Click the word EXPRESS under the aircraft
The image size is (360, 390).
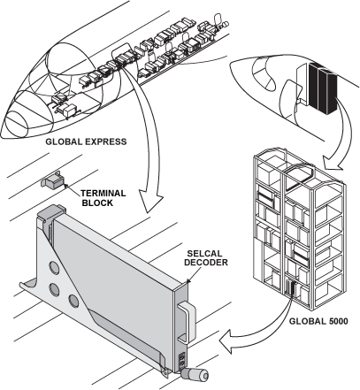(x=106, y=141)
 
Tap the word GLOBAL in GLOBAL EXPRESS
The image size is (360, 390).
(x=64, y=141)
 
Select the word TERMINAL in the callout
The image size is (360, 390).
(x=103, y=194)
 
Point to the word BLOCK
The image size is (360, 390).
(x=97, y=203)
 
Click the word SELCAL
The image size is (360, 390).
(x=204, y=253)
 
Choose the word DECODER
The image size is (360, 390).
(x=206, y=263)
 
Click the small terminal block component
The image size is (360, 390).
(x=52, y=181)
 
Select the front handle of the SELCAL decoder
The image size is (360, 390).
(x=188, y=321)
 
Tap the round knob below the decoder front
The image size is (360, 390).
(x=195, y=375)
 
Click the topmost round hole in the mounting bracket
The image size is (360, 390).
(x=54, y=267)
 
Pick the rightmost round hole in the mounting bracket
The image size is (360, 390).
(x=74, y=301)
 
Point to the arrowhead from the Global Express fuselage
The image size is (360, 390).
(x=150, y=202)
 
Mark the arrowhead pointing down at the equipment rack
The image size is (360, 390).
(x=333, y=162)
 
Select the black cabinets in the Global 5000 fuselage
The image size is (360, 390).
(x=322, y=88)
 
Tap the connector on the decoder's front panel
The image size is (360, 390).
(x=182, y=359)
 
